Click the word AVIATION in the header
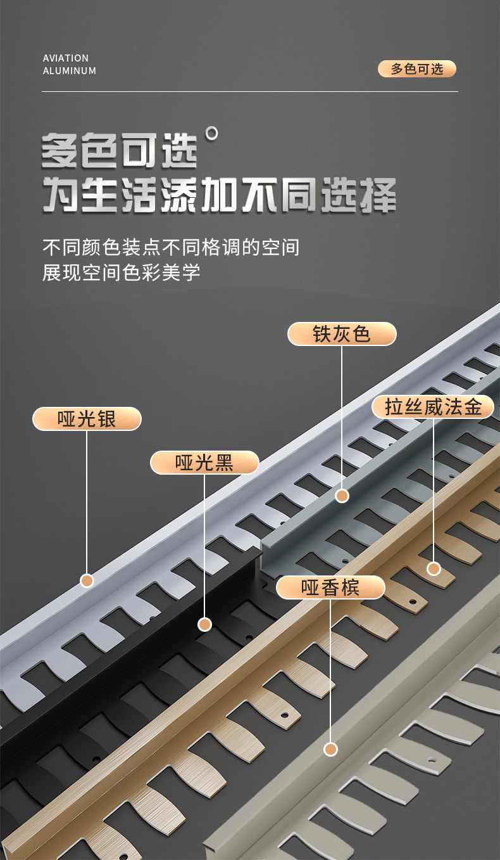[x=66, y=58]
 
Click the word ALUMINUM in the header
[x=70, y=71]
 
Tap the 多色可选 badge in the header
[x=416, y=69]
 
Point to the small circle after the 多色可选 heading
[x=212, y=132]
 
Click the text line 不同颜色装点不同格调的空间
[x=171, y=247]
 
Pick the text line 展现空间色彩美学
[x=122, y=273]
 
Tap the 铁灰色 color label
[x=342, y=334]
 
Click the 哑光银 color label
[x=87, y=419]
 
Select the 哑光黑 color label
[x=204, y=463]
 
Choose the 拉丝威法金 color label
[x=434, y=407]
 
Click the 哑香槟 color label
[x=330, y=587]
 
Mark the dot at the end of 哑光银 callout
[x=87, y=581]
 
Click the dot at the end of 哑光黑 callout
[x=204, y=625]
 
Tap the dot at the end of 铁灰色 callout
[x=342, y=496]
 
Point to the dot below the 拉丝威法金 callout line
[x=434, y=568]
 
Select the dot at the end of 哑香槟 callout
[x=330, y=749]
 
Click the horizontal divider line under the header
[x=250, y=92]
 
